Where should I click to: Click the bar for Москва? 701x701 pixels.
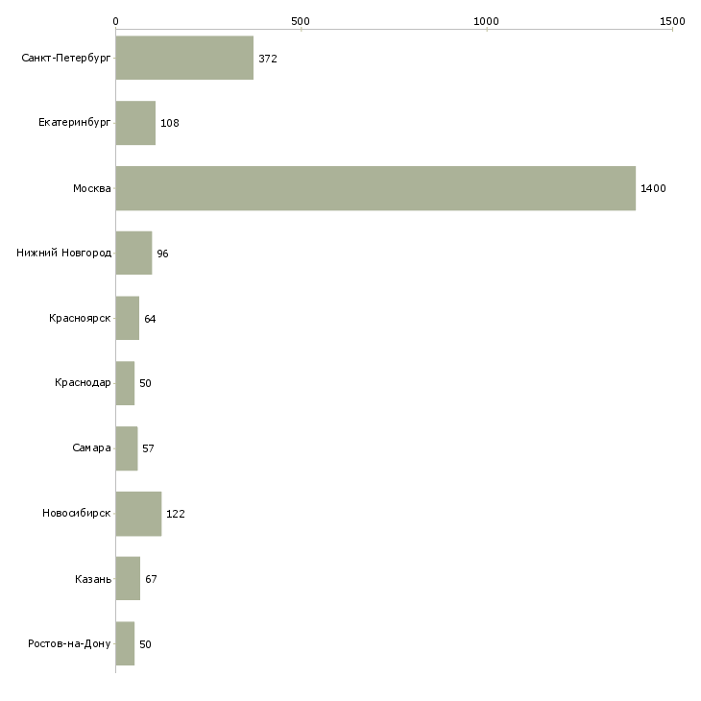(x=375, y=188)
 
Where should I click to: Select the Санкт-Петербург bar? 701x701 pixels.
(x=184, y=59)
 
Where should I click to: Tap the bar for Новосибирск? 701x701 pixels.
(x=138, y=514)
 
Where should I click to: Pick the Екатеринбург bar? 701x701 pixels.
(x=135, y=123)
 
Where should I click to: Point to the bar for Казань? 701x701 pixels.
(x=128, y=578)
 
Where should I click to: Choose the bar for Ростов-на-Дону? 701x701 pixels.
(x=125, y=643)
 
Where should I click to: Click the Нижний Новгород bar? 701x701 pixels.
(x=133, y=254)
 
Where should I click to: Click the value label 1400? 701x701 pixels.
(x=653, y=188)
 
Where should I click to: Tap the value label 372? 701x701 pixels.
(x=268, y=59)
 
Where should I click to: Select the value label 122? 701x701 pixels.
(x=175, y=514)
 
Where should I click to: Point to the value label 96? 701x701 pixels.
(x=162, y=254)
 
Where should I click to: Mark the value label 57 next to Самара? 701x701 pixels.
(x=148, y=448)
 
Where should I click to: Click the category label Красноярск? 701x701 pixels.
(x=80, y=318)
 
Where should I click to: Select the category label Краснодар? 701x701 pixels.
(x=83, y=383)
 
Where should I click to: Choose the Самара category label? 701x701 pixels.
(x=91, y=448)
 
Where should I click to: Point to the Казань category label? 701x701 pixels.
(x=92, y=578)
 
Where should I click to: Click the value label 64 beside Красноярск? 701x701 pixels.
(x=150, y=318)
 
